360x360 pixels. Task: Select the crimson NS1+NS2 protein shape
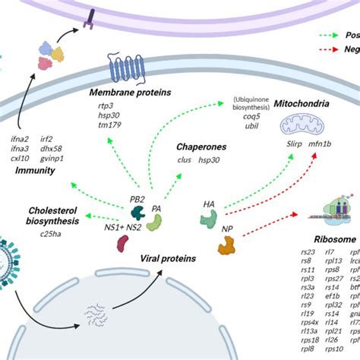pyautogui.click(x=122, y=243)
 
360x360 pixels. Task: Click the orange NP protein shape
pyautogui.click(x=226, y=245)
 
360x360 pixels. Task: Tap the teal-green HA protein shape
pyautogui.click(x=209, y=219)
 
